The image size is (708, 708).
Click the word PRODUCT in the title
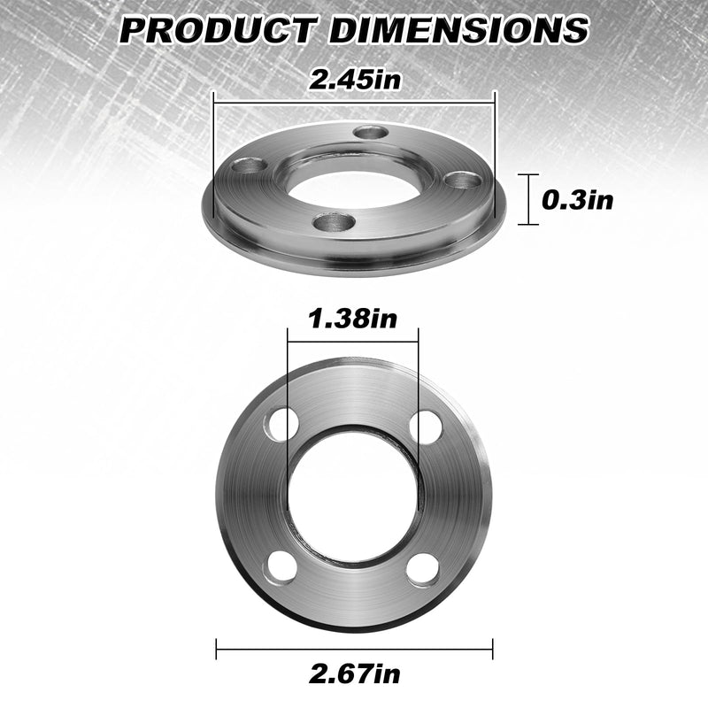coord(217,29)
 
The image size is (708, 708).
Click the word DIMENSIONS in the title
coord(456,29)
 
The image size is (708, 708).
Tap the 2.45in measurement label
coord(354,79)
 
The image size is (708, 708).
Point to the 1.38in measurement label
coord(353,319)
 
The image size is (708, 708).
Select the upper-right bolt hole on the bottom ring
coord(426,427)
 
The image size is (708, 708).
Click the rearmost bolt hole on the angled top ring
coord(371,133)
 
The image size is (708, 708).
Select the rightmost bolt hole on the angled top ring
coord(462,180)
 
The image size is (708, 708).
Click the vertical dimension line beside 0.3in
coord(530,200)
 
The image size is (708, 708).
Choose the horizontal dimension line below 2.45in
coord(354,100)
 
